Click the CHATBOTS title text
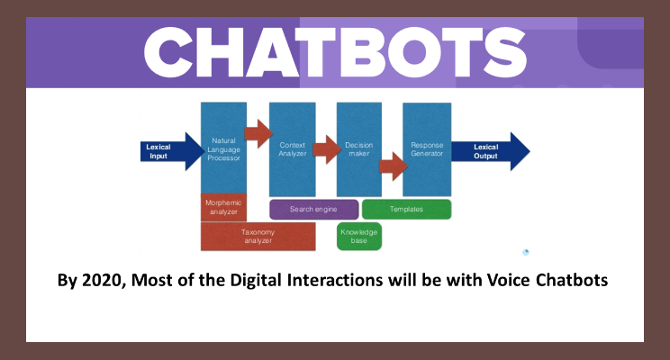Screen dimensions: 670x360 [335, 52]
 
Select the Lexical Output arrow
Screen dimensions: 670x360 [491, 151]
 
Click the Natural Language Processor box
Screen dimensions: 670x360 [223, 148]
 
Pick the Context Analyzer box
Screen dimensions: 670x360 [293, 149]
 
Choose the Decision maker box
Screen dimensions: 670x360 [359, 149]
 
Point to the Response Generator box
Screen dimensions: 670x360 [427, 149]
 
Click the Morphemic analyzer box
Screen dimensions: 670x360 [223, 208]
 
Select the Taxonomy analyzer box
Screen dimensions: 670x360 [258, 236]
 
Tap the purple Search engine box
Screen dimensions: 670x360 [313, 210]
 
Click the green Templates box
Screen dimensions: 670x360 [406, 210]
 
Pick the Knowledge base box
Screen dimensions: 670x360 [359, 236]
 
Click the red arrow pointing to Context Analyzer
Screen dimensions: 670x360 [258, 134]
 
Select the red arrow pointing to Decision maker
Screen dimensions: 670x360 [327, 149]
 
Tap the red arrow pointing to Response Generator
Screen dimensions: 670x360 [394, 166]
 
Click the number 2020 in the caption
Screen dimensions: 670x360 [102, 281]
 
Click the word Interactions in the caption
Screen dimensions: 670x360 [335, 280]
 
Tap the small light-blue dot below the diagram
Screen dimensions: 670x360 [526, 252]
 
